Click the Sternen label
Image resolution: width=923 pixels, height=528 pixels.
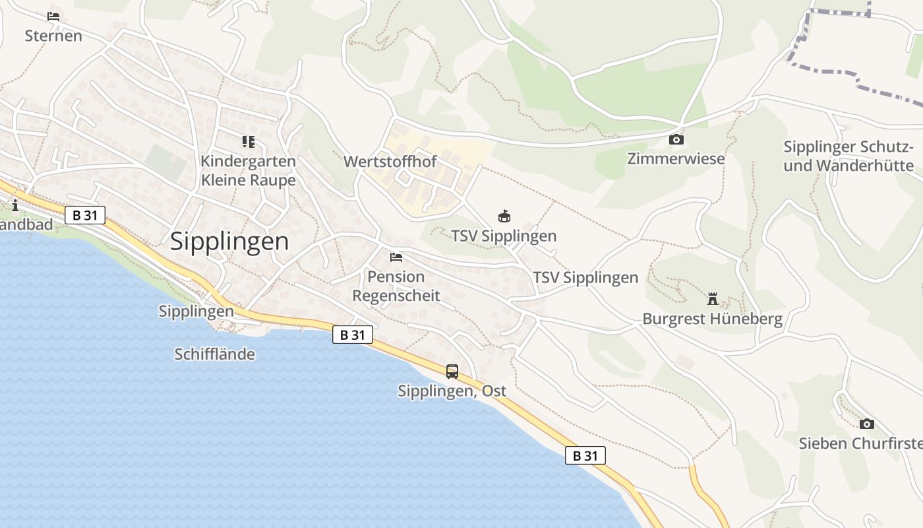point(53,36)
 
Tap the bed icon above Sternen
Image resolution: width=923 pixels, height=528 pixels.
point(53,16)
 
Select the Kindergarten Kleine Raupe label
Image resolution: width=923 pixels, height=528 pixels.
point(248,170)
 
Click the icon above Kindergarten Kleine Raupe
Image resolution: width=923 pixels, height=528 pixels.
point(248,141)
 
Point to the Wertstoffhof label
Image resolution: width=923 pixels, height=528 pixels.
point(390,161)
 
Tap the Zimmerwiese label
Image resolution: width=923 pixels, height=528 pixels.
point(676,158)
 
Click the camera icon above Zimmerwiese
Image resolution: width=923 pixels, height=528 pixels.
point(676,139)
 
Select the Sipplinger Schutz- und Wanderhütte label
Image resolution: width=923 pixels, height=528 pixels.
point(849,156)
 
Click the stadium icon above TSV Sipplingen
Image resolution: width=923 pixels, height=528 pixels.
point(504,216)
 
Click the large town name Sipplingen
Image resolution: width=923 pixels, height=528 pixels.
point(229,242)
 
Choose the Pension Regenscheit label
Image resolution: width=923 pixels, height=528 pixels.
point(396,285)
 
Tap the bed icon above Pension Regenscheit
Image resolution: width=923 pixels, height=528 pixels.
point(396,257)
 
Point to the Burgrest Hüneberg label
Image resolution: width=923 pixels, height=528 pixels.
point(712,319)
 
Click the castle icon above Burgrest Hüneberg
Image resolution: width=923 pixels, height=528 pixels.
point(712,299)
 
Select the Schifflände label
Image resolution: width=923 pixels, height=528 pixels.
point(214,354)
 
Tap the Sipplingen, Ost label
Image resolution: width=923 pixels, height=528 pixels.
point(452,391)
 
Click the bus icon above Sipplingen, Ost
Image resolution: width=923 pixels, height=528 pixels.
point(452,371)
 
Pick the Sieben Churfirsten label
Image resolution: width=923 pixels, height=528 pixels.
point(860,443)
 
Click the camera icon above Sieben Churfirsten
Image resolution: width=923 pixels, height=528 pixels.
point(866,424)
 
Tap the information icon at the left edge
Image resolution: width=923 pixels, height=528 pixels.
point(15,206)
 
